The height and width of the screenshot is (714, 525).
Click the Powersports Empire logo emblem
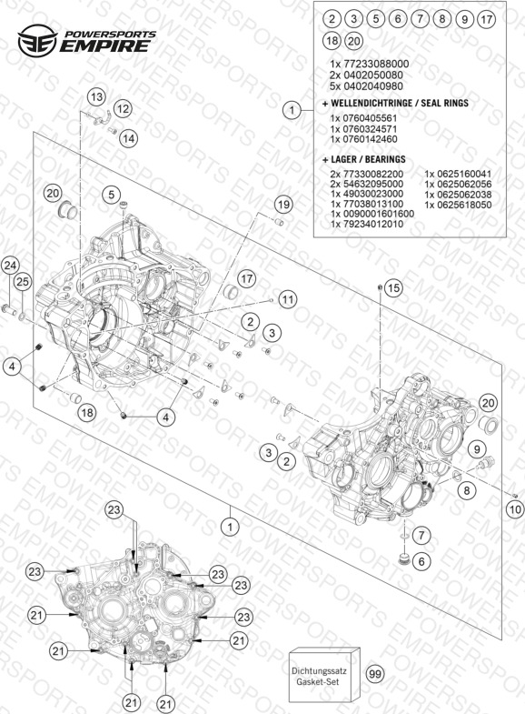[x=37, y=40]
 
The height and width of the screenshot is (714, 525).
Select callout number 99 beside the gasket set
[x=375, y=673]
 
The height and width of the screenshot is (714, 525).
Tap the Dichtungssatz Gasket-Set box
[x=324, y=676]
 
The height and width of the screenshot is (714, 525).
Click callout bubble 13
[x=96, y=97]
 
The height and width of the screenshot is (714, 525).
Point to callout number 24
[x=10, y=266]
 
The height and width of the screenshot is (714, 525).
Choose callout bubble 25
[x=23, y=282]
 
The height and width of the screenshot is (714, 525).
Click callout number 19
[x=283, y=205]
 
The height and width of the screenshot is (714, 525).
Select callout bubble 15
[x=393, y=287]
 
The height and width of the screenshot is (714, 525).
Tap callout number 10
[x=515, y=508]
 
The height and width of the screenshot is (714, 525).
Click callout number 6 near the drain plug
[x=421, y=561]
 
